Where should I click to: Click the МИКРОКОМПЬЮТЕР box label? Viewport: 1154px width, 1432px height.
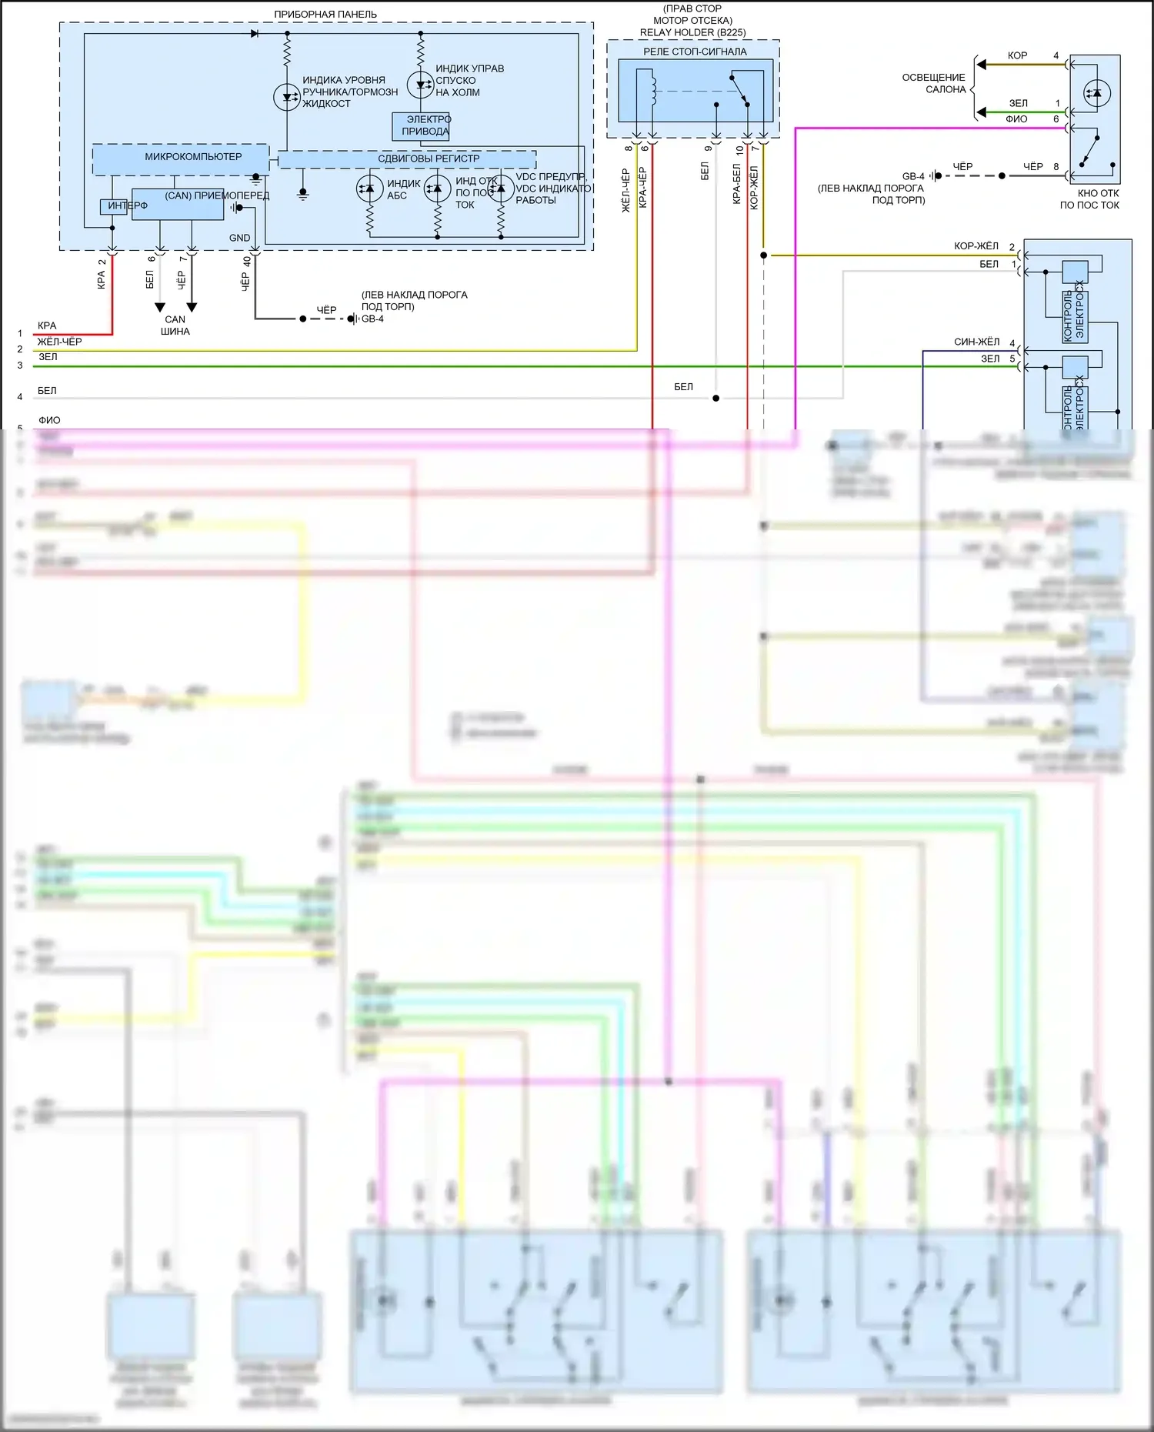coord(193,157)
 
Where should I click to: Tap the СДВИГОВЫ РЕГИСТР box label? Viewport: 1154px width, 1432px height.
coord(428,159)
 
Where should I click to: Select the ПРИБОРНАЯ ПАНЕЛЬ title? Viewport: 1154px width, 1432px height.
coord(325,14)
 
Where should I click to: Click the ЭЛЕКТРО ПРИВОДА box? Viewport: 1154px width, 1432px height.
coord(422,125)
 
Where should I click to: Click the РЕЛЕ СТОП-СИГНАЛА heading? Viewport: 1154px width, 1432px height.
coord(694,52)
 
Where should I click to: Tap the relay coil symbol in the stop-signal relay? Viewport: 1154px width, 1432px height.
coord(653,88)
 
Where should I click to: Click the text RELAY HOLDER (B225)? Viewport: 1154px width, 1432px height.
coord(692,32)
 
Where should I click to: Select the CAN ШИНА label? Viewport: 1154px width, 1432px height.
coord(175,325)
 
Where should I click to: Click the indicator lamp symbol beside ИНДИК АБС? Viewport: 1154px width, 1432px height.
coord(370,189)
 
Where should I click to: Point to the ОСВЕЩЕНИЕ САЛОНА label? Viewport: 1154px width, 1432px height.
coord(934,83)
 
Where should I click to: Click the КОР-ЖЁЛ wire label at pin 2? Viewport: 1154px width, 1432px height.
coord(976,246)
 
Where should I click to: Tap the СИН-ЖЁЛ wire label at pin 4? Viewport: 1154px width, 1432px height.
coord(976,342)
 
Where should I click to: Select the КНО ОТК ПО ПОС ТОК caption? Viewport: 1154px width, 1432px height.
coord(1089,199)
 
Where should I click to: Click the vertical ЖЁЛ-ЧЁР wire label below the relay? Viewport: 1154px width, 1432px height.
coord(625,190)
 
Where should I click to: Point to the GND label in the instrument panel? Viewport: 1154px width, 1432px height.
coord(239,238)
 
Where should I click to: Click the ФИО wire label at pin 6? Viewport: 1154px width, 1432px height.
coord(1016,119)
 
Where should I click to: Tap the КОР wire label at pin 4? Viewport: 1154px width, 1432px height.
coord(1017,55)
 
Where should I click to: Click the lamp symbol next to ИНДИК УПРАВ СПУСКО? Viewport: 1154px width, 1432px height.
coord(420,84)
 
